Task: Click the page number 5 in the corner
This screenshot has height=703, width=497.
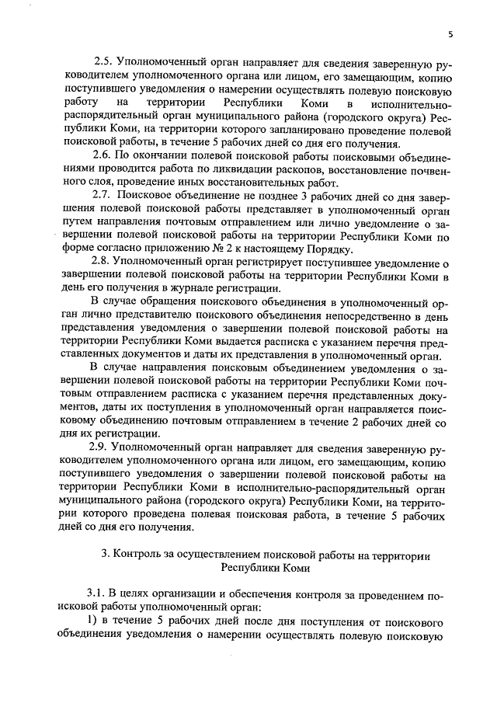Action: (450, 35)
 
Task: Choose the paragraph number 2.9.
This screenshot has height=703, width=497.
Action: (101, 448)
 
